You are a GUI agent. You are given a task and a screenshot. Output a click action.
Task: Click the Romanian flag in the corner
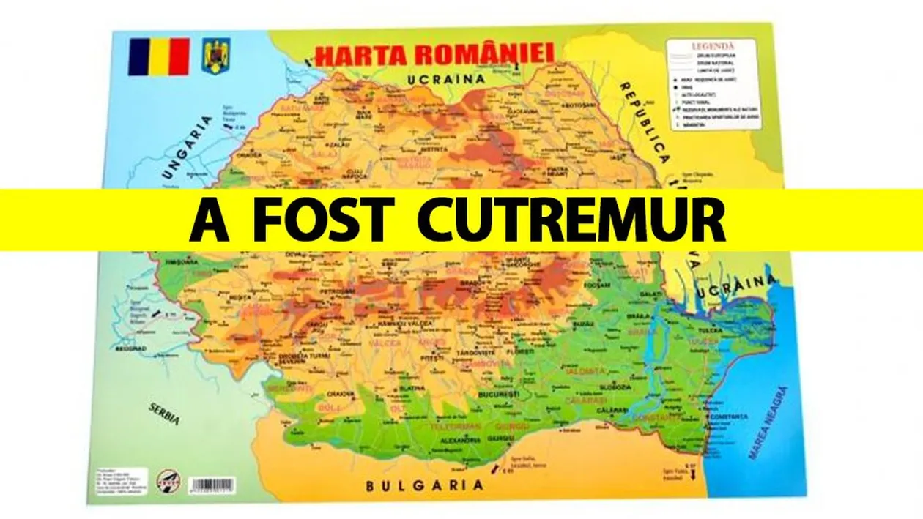coord(158,57)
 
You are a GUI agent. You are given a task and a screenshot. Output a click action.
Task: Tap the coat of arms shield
coord(216,56)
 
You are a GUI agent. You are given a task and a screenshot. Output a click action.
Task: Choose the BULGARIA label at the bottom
coord(425,485)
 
